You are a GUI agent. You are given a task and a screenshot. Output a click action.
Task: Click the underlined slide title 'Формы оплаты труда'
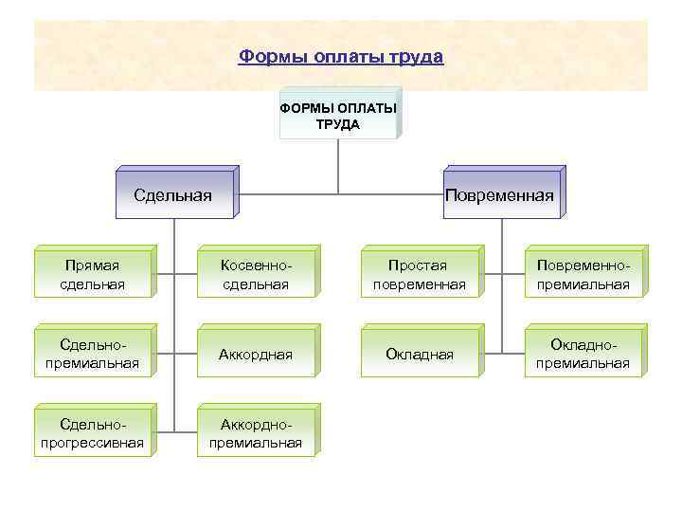click(x=341, y=57)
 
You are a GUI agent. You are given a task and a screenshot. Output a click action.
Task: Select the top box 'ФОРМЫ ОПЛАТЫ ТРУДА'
click(x=338, y=115)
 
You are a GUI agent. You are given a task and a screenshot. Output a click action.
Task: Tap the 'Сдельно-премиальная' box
click(x=92, y=354)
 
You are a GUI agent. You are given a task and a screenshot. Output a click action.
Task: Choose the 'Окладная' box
click(x=420, y=354)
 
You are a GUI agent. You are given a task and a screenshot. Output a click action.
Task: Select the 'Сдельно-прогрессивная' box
click(x=92, y=433)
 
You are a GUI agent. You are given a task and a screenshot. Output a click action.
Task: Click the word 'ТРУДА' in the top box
click(x=338, y=123)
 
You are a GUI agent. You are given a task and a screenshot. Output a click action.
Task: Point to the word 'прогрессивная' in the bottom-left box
click(x=92, y=442)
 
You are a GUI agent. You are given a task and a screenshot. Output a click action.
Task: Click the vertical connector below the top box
click(x=338, y=166)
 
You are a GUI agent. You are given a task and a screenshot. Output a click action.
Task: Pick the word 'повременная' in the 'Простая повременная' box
click(x=420, y=283)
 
